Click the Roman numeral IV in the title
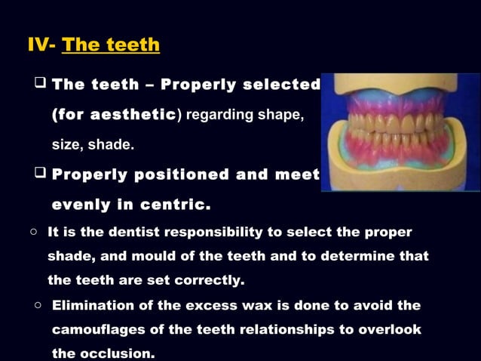(39, 45)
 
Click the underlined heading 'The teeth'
(111, 45)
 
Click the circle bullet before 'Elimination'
(37, 306)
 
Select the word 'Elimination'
(99, 306)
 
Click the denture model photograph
(400, 131)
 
